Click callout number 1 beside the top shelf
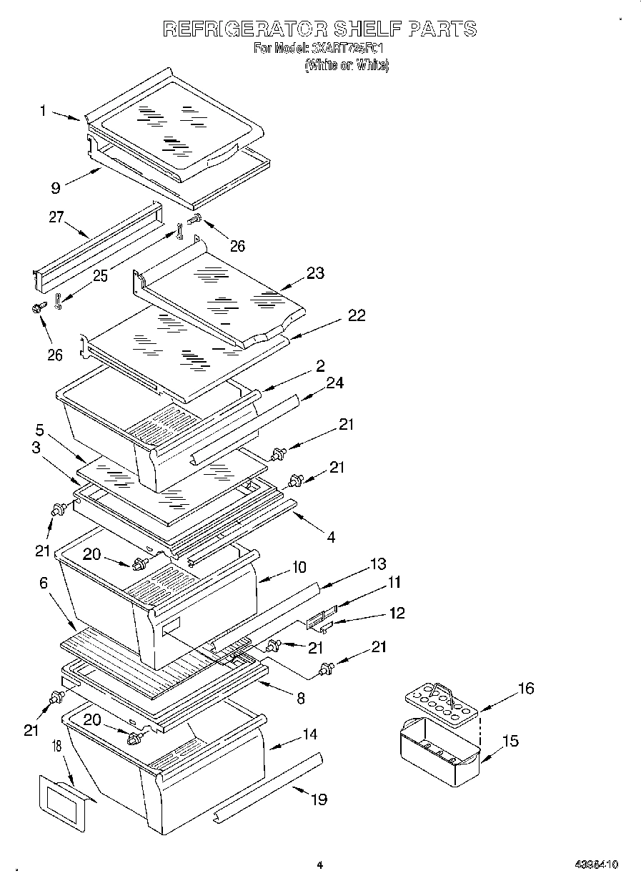[x=44, y=111]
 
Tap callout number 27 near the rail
[x=56, y=217]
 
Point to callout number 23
[x=314, y=272]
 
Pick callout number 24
[x=334, y=383]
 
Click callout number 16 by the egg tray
[x=525, y=689]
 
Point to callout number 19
[x=319, y=799]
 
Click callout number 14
[x=309, y=734]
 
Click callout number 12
[x=397, y=613]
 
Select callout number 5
[x=40, y=430]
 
